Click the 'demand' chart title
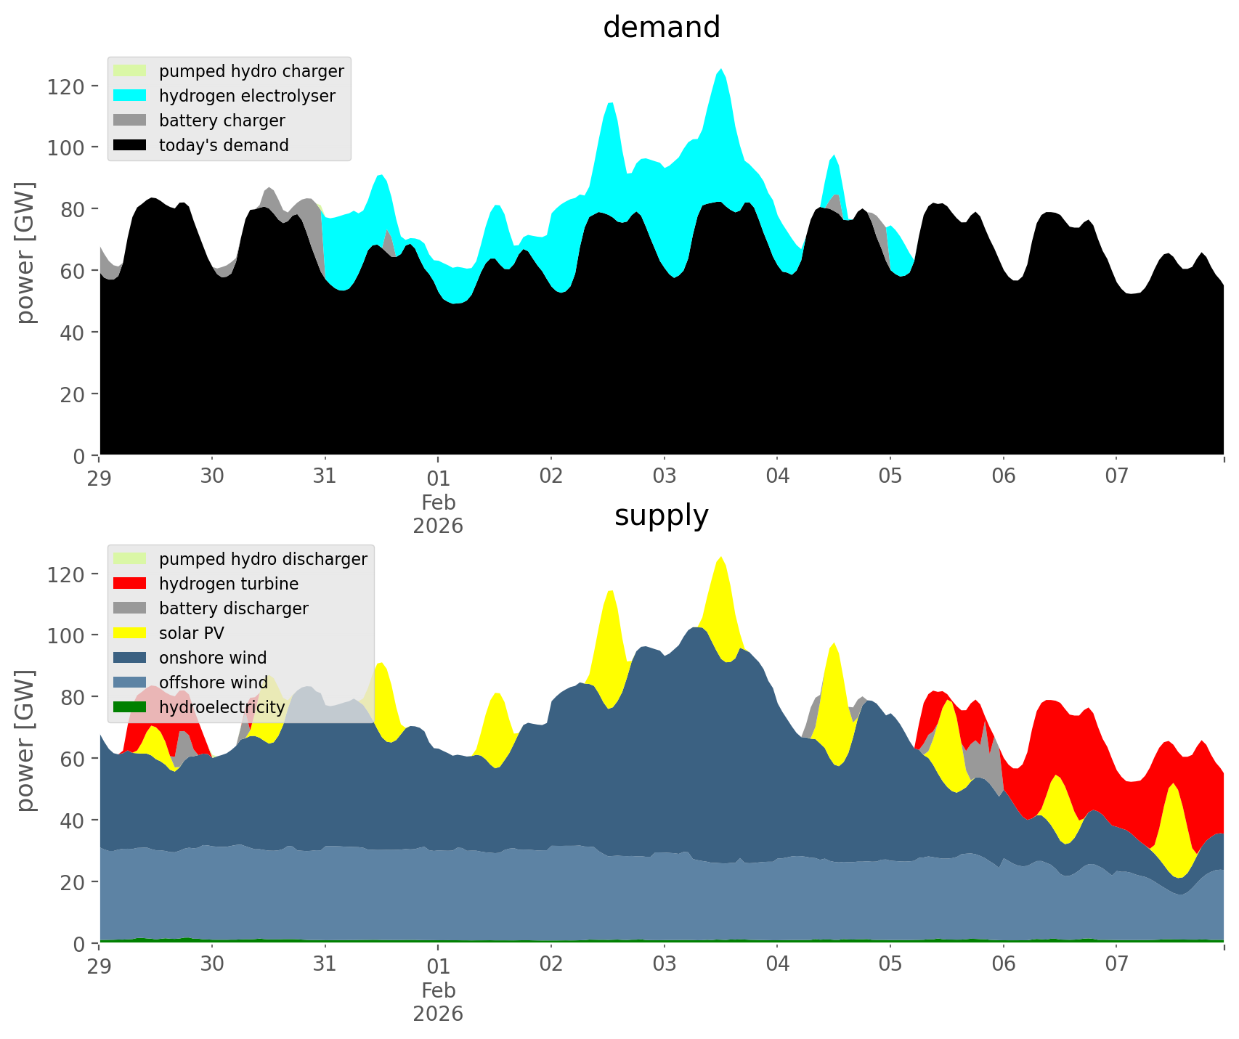click(x=661, y=28)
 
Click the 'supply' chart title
click(x=661, y=516)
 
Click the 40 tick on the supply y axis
click(x=73, y=820)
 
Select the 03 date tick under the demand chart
click(x=665, y=477)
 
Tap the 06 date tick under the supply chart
click(x=1004, y=965)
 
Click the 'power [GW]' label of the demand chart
click(x=25, y=253)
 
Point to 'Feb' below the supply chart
click(x=438, y=990)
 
